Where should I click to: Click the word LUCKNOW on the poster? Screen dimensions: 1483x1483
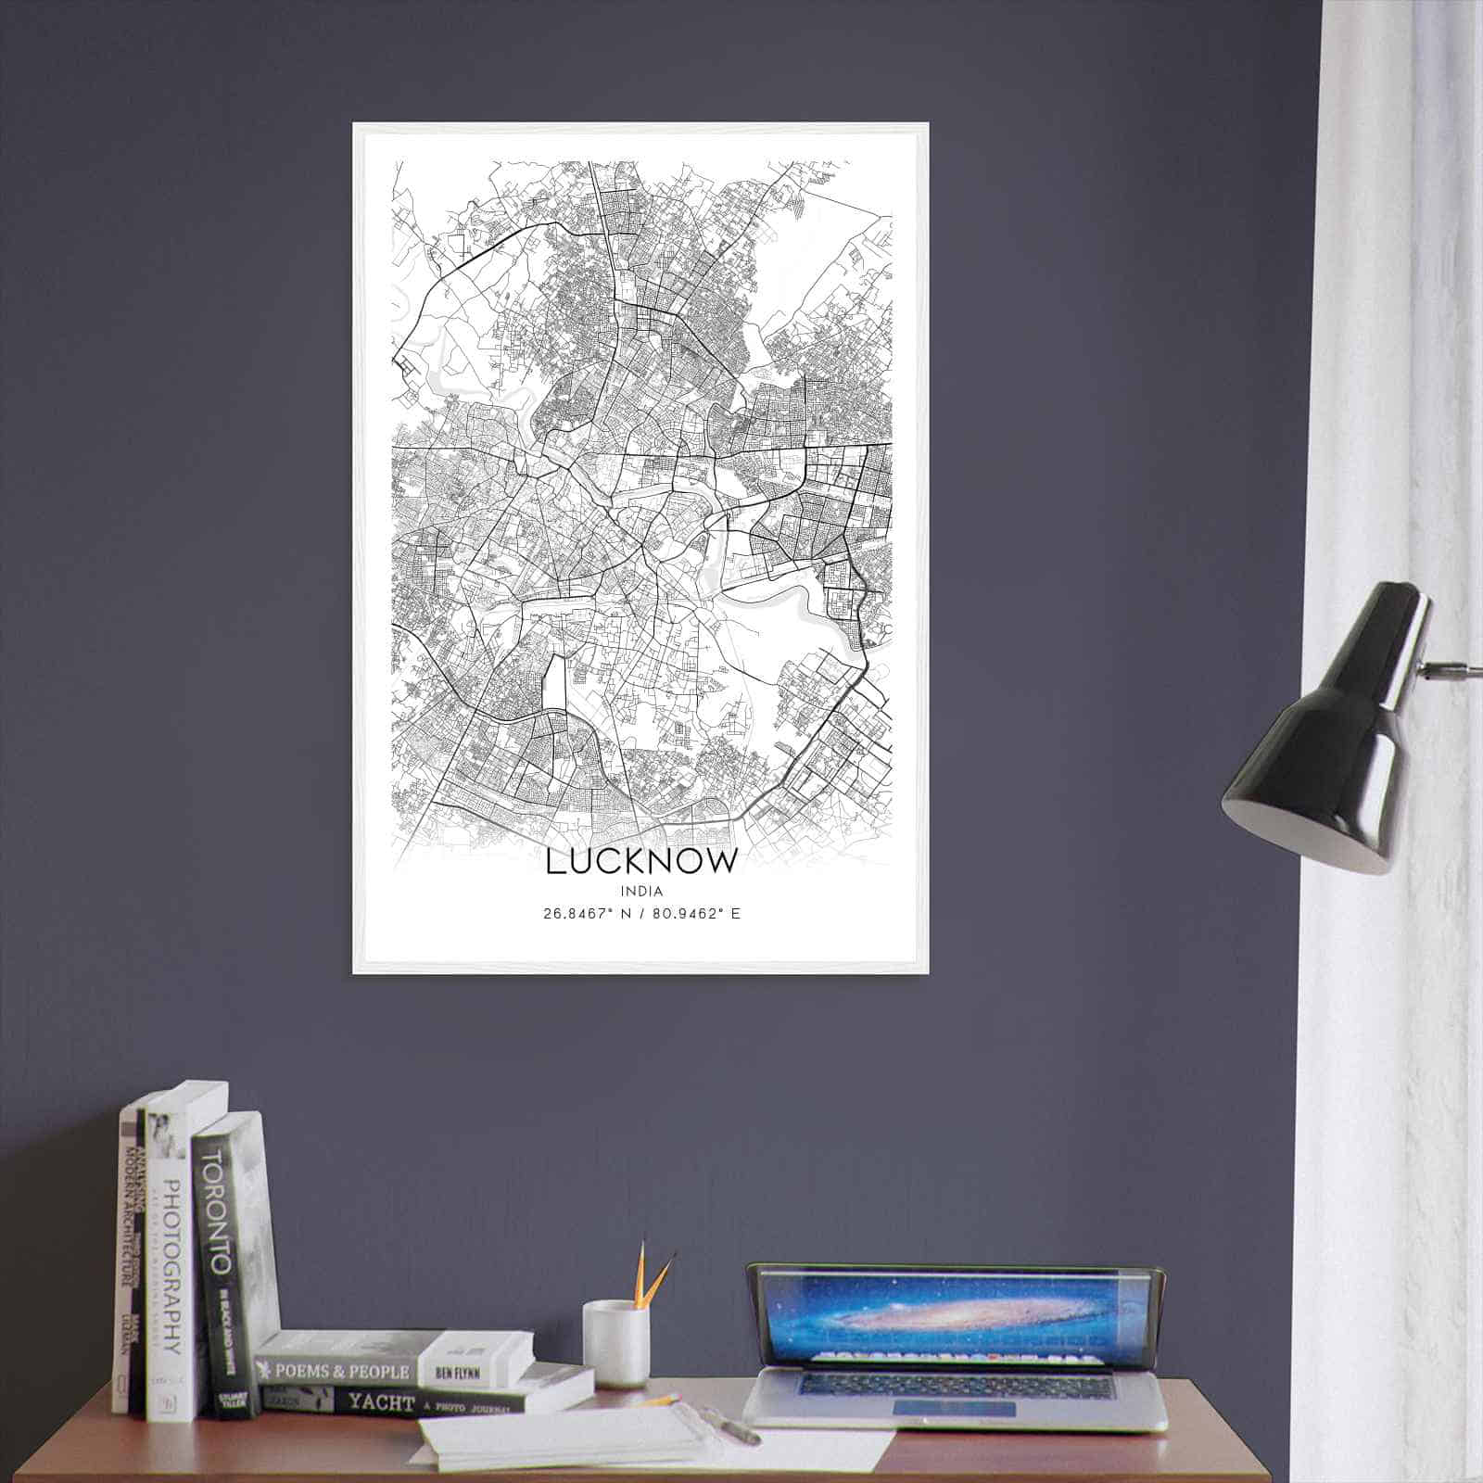click(x=642, y=860)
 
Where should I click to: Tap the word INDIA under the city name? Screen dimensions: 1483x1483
click(x=642, y=891)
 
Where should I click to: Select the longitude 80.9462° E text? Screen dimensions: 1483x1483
click(x=696, y=913)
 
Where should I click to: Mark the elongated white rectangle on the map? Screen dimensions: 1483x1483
click(x=555, y=686)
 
